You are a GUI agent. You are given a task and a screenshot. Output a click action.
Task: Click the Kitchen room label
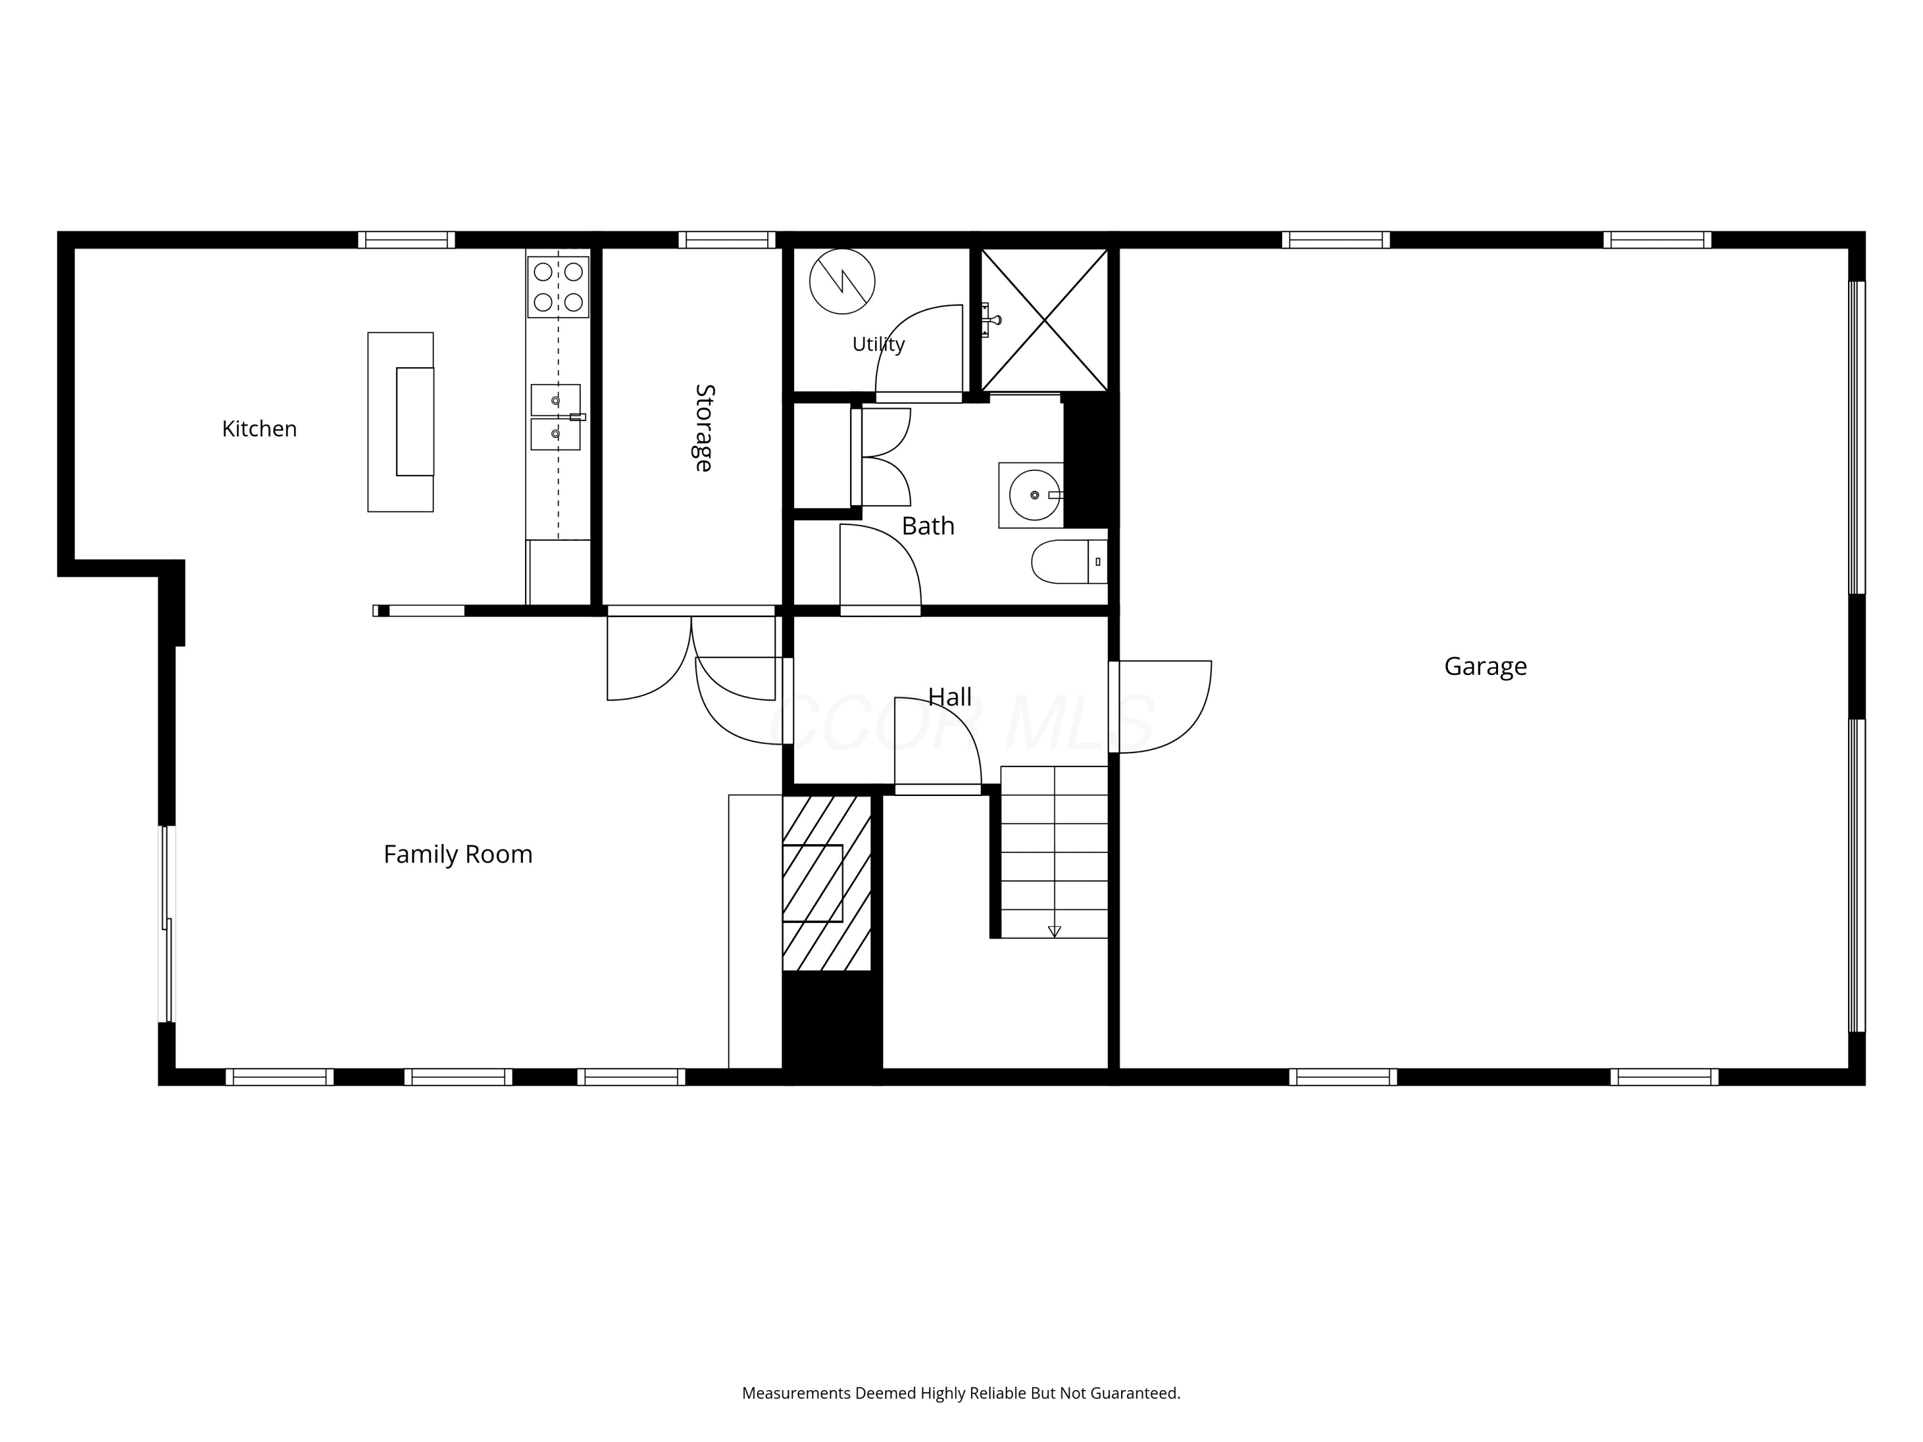(259, 429)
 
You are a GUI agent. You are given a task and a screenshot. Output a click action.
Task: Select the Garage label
(1485, 667)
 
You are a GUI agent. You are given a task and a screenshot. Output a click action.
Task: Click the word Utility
(878, 344)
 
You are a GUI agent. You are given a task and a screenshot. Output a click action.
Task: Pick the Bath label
(928, 526)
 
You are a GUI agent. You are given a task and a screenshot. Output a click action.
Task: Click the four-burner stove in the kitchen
(558, 287)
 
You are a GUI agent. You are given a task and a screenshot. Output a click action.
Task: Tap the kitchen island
(400, 422)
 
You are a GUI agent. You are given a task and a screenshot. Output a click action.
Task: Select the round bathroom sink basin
(1034, 495)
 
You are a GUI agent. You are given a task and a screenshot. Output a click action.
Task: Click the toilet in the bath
(1069, 561)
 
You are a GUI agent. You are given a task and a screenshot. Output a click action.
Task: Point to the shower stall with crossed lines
(1044, 320)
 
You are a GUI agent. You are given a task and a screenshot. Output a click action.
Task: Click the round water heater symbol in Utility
(842, 281)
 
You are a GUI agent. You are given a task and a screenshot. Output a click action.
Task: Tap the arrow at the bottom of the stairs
(1054, 932)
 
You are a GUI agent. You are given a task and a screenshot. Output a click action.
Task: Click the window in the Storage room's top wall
(727, 240)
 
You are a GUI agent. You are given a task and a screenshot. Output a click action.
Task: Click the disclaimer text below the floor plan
(961, 1393)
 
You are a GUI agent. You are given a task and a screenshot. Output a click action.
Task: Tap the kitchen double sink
(556, 417)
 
